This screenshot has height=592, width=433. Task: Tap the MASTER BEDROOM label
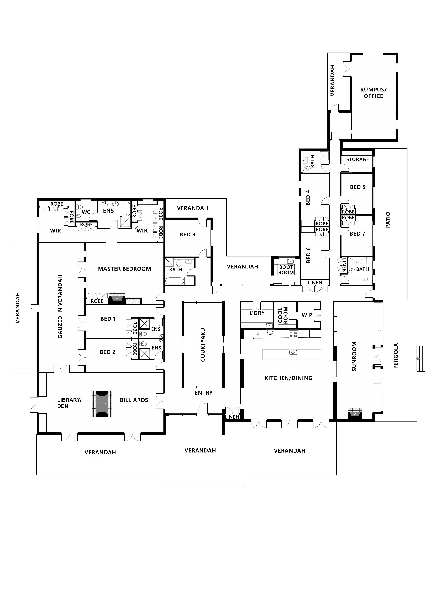125,269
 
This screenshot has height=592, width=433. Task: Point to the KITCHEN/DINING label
288,378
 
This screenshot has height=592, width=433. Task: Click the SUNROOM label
354,356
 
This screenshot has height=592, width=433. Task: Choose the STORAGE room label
358,159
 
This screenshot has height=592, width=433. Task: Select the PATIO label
388,220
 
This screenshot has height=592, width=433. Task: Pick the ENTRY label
203,393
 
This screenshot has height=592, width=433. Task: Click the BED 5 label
358,187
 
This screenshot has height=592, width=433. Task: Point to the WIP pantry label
307,315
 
